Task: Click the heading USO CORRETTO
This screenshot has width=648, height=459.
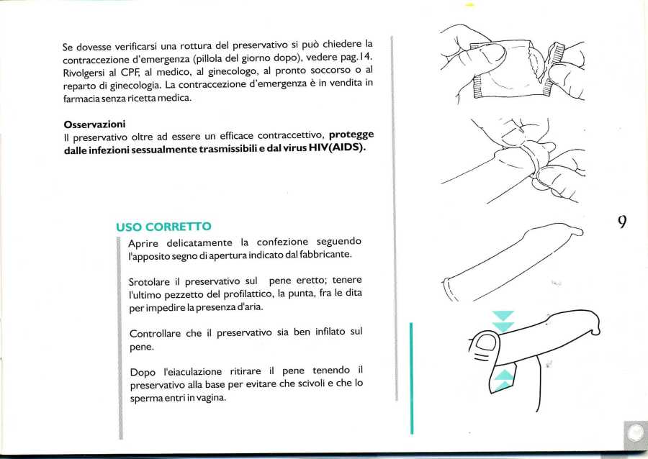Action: pyautogui.click(x=163, y=227)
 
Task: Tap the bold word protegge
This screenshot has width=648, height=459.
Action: pyautogui.click(x=351, y=135)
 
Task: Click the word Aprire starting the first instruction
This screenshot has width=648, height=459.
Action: pyautogui.click(x=144, y=242)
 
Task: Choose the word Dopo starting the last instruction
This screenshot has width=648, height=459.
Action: pyautogui.click(x=143, y=371)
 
